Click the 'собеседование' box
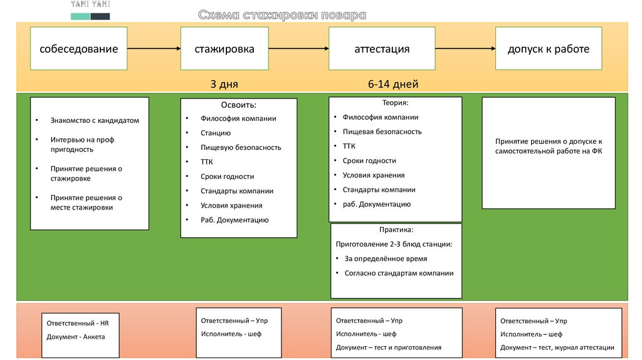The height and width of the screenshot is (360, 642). [78, 48]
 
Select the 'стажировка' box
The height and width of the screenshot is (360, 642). [224, 48]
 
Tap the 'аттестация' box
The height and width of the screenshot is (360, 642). [382, 48]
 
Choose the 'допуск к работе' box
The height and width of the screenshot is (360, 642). [548, 48]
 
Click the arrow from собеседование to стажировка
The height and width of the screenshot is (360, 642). [154, 48]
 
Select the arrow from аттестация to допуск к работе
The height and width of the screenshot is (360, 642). [465, 48]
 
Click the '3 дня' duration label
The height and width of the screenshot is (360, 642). [224, 84]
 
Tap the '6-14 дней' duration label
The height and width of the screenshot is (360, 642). [393, 84]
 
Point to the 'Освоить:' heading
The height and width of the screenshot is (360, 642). [238, 105]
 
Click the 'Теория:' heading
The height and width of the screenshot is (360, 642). [396, 102]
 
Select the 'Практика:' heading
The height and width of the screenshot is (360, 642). [396, 230]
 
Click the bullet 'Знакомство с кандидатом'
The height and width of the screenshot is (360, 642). [95, 120]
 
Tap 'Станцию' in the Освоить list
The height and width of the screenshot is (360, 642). [216, 133]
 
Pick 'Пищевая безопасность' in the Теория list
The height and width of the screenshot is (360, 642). [382, 132]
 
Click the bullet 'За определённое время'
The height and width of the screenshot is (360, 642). [386, 258]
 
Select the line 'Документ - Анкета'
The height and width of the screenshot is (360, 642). [76, 337]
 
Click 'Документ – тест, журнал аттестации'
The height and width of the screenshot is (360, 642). [557, 347]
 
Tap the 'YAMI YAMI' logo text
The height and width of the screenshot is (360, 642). [90, 5]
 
